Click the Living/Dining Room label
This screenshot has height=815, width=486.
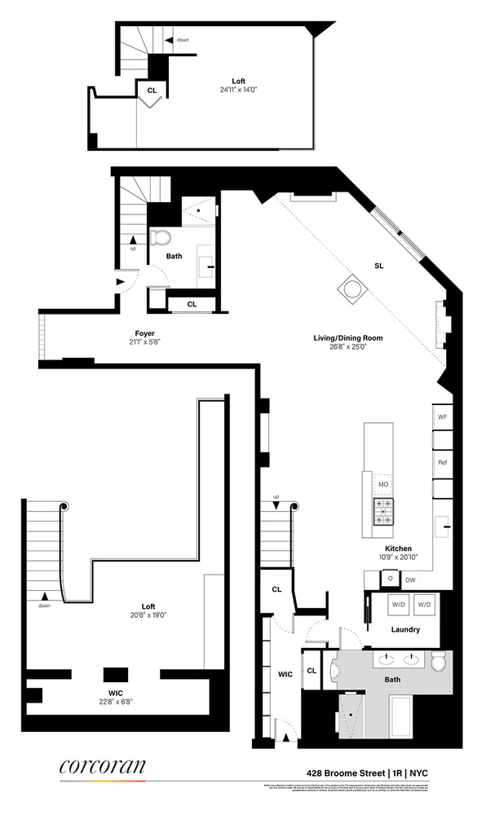pyautogui.click(x=348, y=337)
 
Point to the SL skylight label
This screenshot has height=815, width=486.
pyautogui.click(x=379, y=266)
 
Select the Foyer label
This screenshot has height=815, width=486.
pyautogui.click(x=145, y=333)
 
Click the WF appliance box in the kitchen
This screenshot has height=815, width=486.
pyautogui.click(x=443, y=416)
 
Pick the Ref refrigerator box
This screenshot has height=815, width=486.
pyautogui.click(x=443, y=462)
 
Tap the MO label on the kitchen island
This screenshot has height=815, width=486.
pyautogui.click(x=382, y=484)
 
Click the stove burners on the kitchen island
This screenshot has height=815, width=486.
pyautogui.click(x=382, y=511)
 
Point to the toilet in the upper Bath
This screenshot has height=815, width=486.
pyautogui.click(x=163, y=238)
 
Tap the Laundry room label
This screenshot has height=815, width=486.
pyautogui.click(x=405, y=629)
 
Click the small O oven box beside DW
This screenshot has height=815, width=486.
pyautogui.click(x=390, y=579)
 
